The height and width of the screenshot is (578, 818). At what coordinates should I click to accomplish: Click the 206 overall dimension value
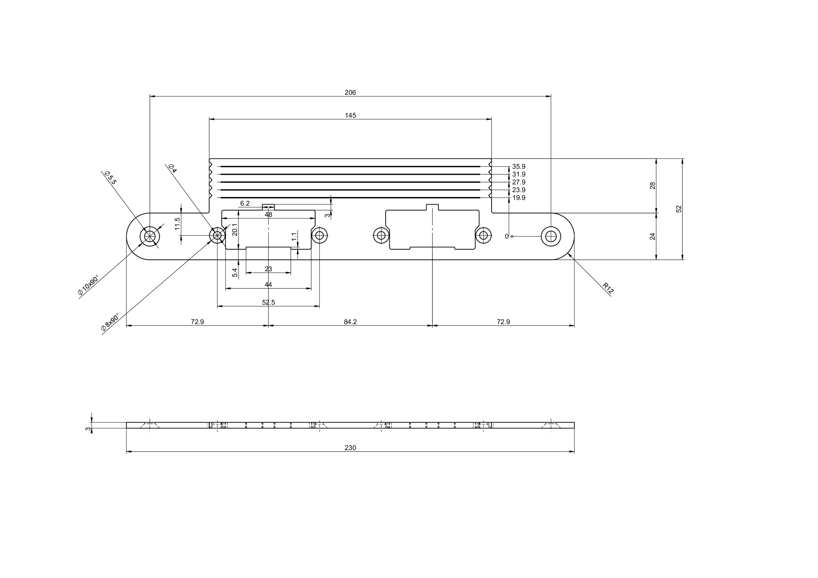(350, 93)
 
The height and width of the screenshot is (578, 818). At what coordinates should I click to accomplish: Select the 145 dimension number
(350, 115)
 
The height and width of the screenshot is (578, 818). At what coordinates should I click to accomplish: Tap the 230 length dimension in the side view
(350, 448)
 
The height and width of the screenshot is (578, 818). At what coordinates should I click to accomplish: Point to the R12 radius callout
(608, 288)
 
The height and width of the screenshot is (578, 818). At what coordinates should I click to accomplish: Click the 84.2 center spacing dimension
(350, 322)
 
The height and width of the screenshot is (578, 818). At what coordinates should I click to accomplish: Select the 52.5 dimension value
(268, 302)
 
